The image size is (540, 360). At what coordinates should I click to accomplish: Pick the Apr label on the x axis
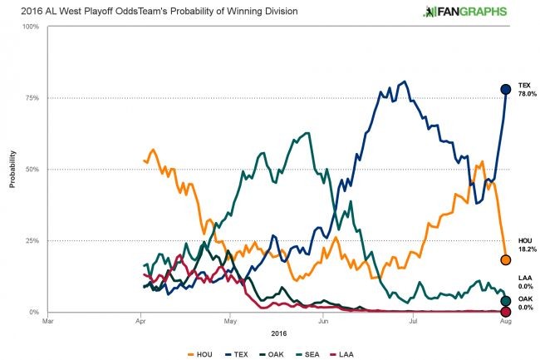(x=139, y=321)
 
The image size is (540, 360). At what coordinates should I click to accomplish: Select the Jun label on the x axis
(x=322, y=321)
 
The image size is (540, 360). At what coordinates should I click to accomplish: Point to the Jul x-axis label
(x=413, y=321)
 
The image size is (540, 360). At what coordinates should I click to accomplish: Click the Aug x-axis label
(x=504, y=321)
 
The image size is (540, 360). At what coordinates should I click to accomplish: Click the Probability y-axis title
(x=12, y=169)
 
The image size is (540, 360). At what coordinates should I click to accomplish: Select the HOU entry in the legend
(x=199, y=353)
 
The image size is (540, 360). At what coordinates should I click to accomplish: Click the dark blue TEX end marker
(x=504, y=90)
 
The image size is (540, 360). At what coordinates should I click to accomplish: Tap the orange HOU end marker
(x=504, y=260)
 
